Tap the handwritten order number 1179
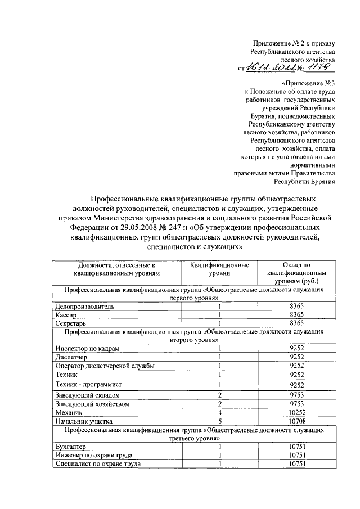pyautogui.click(x=319, y=66)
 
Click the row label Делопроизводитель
pyautogui.click(x=84, y=307)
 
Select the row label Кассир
pyautogui.click(x=65, y=315)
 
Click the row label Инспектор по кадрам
pyautogui.click(x=87, y=349)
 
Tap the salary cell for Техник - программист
pyautogui.click(x=296, y=385)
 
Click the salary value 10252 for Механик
pyautogui.click(x=296, y=412)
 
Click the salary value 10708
pyautogui.click(x=296, y=421)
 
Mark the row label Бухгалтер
pyautogui.click(x=70, y=447)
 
